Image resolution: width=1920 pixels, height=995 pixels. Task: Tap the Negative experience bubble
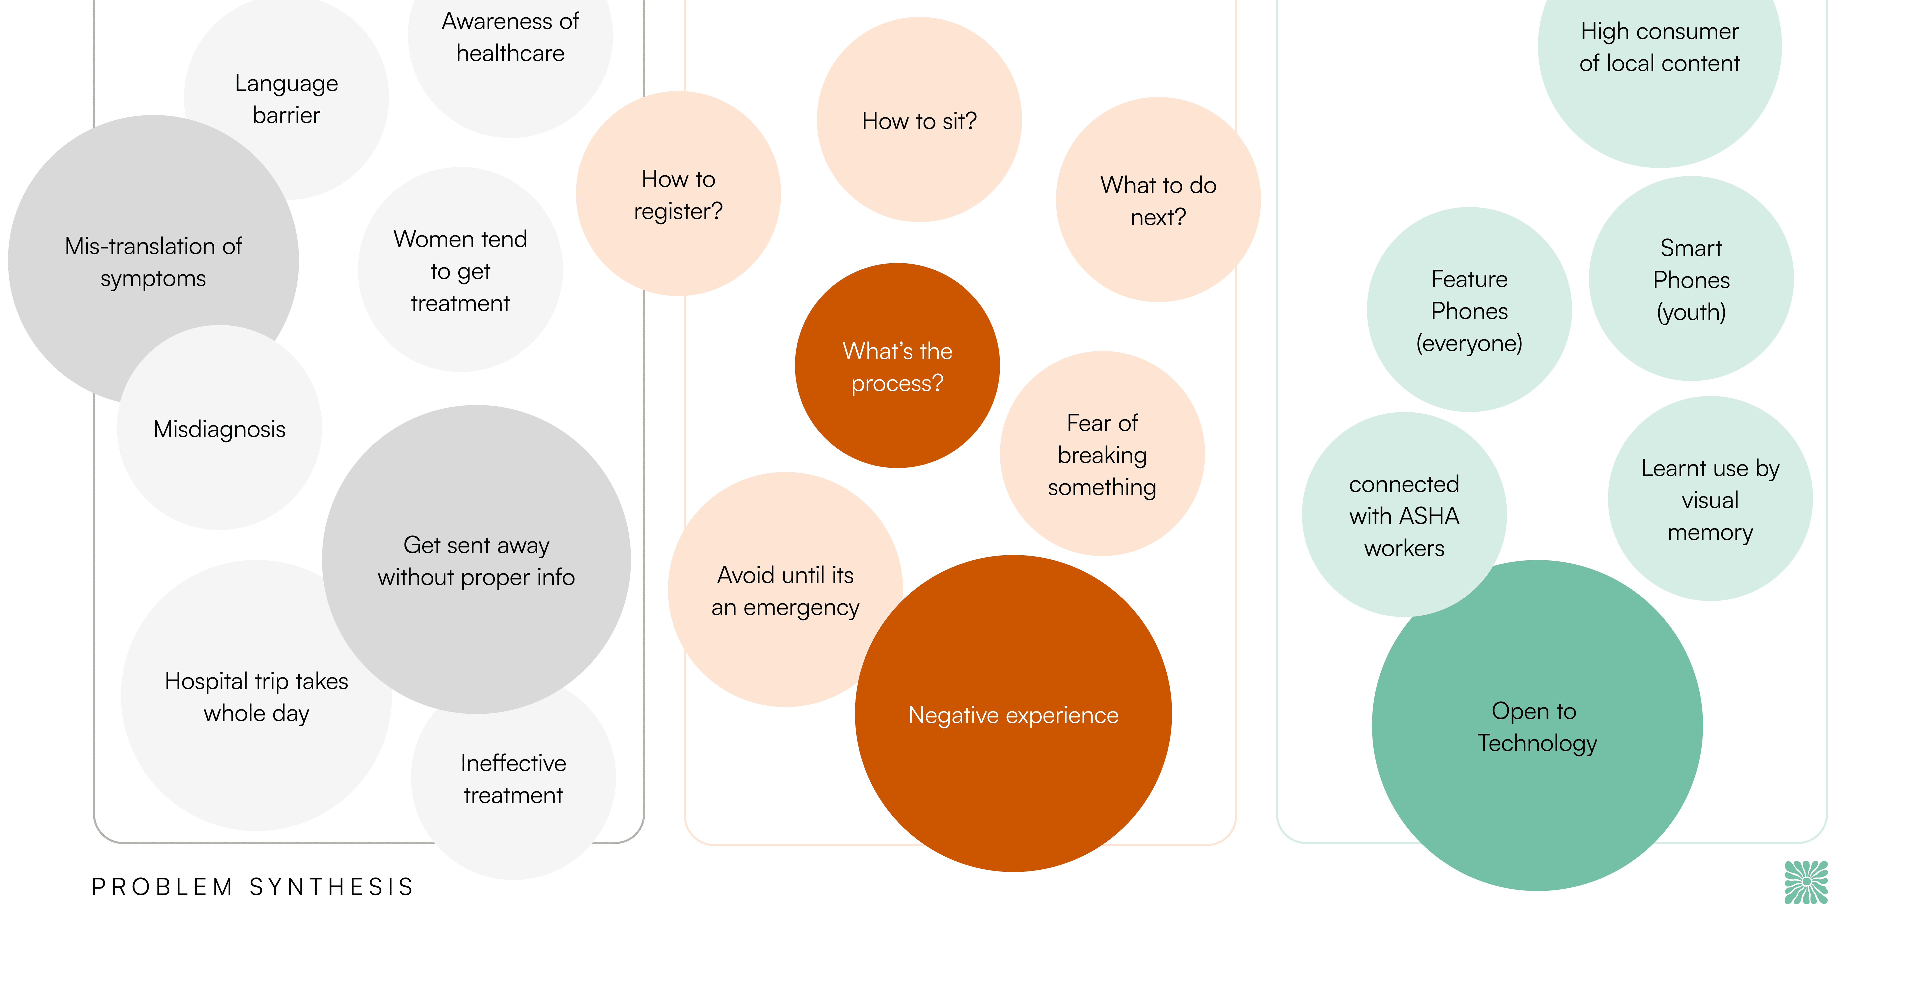tap(1013, 714)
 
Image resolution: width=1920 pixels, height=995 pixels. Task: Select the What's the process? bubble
tap(897, 366)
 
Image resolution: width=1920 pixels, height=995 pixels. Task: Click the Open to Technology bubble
tap(1537, 726)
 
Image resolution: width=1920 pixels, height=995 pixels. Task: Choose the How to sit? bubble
tap(919, 120)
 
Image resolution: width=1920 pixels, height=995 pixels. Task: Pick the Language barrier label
tap(286, 98)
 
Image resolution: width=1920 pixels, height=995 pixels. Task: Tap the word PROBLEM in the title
tap(162, 887)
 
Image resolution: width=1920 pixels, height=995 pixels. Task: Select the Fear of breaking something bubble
tap(1101, 454)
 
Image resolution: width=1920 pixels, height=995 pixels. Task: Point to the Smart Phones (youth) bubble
tap(1690, 279)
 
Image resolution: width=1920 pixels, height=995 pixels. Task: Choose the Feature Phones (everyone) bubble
tap(1469, 310)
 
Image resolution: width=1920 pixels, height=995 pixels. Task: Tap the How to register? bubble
tap(678, 194)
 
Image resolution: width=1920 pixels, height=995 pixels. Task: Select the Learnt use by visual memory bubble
tap(1710, 499)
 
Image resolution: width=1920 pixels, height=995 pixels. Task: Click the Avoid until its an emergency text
tap(785, 591)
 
